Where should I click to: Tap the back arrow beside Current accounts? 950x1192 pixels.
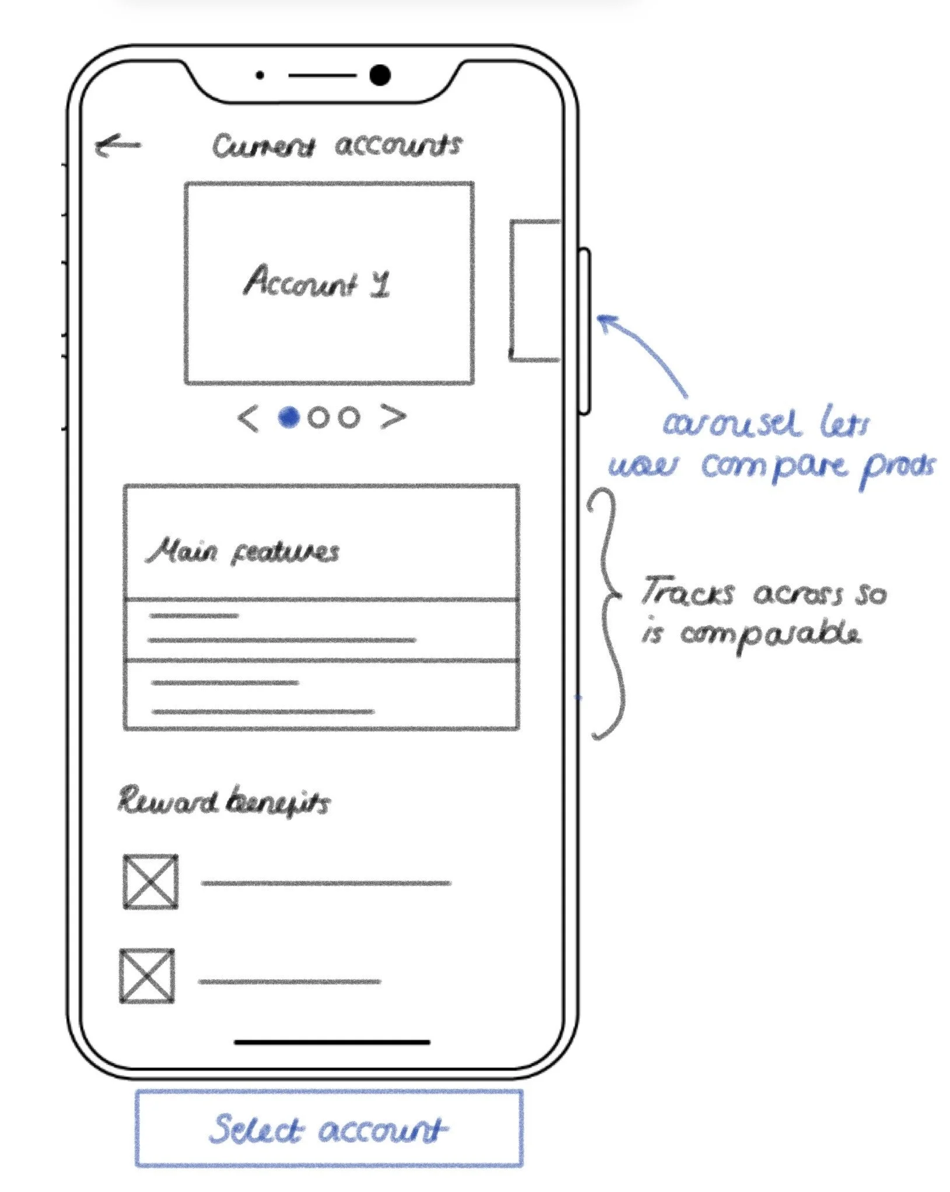tap(118, 145)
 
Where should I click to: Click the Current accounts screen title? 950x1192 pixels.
tap(336, 146)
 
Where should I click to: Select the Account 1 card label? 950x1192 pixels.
tap(316, 282)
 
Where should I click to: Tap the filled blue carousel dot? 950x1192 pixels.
tap(289, 417)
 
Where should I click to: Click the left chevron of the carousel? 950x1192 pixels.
tap(248, 419)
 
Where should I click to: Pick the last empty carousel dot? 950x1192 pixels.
tap(349, 418)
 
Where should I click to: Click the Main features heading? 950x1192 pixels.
tap(243, 552)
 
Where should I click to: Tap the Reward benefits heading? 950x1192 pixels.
tap(224, 801)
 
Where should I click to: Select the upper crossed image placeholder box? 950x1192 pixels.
tap(150, 882)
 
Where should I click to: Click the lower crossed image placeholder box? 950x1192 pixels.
tap(147, 976)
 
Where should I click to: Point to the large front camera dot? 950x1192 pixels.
tap(380, 75)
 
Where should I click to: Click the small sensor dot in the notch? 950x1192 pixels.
tap(260, 75)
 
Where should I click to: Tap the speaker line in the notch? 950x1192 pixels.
tap(322, 75)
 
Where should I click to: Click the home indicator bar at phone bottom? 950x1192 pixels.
tap(332, 1042)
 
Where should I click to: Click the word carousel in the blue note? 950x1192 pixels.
tap(730, 425)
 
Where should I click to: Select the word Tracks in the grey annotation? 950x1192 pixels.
tap(687, 592)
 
